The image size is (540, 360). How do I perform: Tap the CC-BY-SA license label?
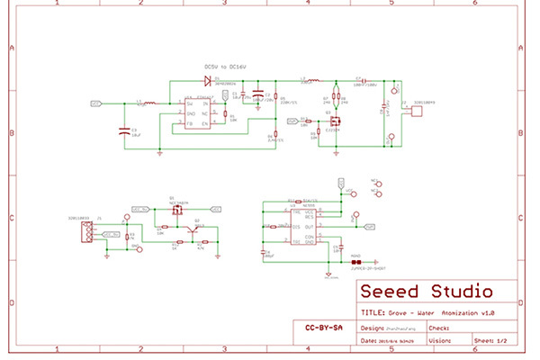(x=321, y=328)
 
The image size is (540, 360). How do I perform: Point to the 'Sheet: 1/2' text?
(x=490, y=341)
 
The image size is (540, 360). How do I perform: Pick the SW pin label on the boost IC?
(x=190, y=104)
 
